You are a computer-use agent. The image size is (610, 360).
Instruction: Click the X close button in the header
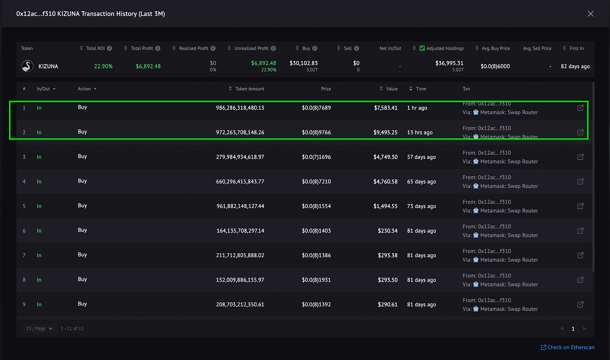590,14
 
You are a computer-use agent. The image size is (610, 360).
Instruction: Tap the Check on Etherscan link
567,347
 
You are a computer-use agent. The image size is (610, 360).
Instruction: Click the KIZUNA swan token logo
27,66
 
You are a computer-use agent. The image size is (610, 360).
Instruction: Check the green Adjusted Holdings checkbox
422,48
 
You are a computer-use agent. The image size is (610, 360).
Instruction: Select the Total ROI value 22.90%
103,66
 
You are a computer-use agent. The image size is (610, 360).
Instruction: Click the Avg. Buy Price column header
496,48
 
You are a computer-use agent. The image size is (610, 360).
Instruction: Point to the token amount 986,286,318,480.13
240,108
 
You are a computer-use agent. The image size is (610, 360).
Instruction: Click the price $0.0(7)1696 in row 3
316,157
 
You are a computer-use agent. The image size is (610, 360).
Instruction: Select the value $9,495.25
385,132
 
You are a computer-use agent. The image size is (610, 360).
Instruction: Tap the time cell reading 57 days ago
421,157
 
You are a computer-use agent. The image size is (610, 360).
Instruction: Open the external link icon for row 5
580,206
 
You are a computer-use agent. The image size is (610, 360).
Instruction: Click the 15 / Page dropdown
39,329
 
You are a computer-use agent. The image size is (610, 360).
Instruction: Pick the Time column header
421,89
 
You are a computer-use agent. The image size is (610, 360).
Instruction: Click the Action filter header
87,89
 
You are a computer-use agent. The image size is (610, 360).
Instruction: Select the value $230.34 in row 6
387,231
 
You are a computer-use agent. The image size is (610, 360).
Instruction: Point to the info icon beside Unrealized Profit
274,48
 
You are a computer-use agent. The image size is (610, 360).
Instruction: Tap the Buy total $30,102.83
304,63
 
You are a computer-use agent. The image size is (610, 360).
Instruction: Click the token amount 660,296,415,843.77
240,181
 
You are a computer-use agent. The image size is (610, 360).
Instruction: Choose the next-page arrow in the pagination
584,329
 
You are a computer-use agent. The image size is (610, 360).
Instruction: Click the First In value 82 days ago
575,66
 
